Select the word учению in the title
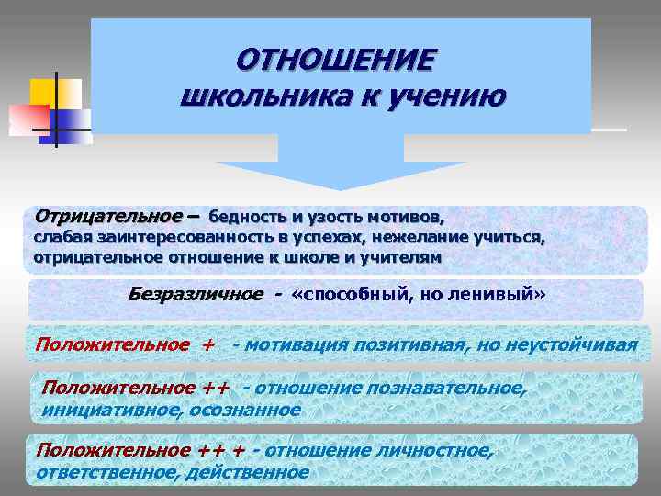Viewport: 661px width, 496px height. click(x=449, y=96)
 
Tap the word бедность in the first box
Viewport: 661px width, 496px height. click(x=247, y=219)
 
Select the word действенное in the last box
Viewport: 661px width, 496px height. click(x=248, y=472)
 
